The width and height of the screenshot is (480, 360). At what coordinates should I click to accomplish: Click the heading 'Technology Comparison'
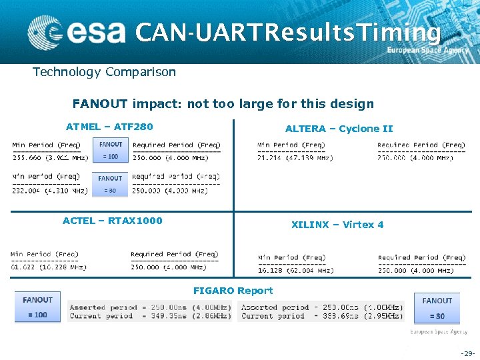click(105, 72)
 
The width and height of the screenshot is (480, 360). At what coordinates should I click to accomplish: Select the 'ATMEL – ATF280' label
click(109, 127)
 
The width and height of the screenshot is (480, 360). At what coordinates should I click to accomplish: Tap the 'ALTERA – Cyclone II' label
click(339, 129)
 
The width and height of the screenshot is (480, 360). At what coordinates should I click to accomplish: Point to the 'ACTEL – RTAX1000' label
click(112, 221)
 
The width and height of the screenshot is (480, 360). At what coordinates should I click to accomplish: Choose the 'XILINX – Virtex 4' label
click(337, 225)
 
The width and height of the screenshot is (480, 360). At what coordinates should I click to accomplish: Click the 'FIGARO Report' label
click(233, 291)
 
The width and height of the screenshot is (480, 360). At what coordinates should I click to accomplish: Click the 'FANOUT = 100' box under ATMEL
click(110, 150)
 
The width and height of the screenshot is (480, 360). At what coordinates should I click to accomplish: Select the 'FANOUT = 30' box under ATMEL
click(110, 184)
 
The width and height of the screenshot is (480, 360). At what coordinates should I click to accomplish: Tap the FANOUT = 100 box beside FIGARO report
click(37, 307)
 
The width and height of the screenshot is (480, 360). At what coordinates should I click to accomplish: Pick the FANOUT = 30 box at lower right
click(437, 308)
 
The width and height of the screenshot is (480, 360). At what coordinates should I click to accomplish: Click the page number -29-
click(467, 352)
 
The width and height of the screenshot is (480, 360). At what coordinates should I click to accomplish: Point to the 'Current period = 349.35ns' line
click(150, 316)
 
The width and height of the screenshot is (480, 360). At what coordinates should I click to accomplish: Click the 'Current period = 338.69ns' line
click(321, 316)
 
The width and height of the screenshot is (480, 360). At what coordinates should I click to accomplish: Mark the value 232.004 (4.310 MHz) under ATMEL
click(50, 191)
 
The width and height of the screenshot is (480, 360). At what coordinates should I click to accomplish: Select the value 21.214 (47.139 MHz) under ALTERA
click(295, 158)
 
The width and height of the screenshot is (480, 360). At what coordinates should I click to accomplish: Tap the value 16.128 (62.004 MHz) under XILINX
click(295, 271)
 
